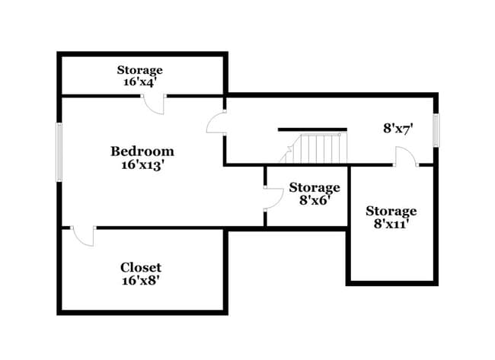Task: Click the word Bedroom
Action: pyautogui.click(x=142, y=151)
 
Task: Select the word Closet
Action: pyautogui.click(x=141, y=267)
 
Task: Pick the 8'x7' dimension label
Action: pyautogui.click(x=398, y=129)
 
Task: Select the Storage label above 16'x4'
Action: pyautogui.click(x=139, y=70)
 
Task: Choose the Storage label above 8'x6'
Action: pyautogui.click(x=314, y=187)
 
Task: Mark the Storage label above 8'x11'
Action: pyautogui.click(x=391, y=211)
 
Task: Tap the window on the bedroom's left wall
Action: pyautogui.click(x=59, y=152)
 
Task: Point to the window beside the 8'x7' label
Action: pyautogui.click(x=436, y=130)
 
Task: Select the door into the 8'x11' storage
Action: pyautogui.click(x=405, y=158)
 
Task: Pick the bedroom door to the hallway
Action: pyautogui.click(x=216, y=124)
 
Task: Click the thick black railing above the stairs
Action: pyautogui.click(x=312, y=129)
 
